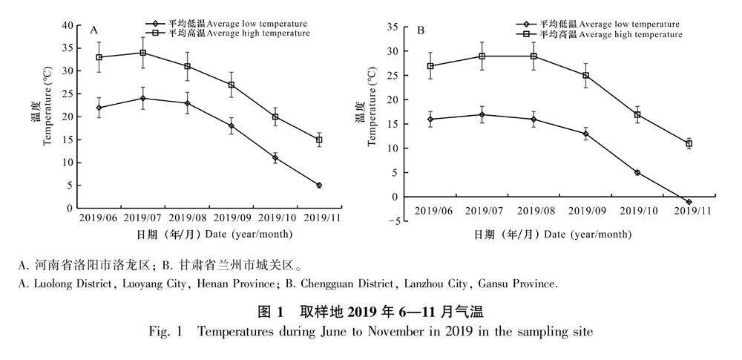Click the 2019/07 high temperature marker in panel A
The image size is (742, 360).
pos(142,53)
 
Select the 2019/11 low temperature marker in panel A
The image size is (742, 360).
pos(319,185)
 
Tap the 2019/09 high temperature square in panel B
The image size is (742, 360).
pos(585,75)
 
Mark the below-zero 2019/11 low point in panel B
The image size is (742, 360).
pos(689,201)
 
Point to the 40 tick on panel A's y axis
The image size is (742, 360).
pos(68,26)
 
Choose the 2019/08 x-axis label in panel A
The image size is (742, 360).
pos(187,218)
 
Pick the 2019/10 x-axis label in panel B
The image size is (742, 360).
pos(637,212)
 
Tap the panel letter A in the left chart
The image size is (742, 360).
pos(94,30)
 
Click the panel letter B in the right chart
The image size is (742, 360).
pos(421,30)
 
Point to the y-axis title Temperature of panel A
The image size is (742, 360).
pos(48,117)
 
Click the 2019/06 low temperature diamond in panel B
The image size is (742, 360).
pos(430,119)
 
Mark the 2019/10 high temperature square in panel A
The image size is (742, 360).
pos(275,117)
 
